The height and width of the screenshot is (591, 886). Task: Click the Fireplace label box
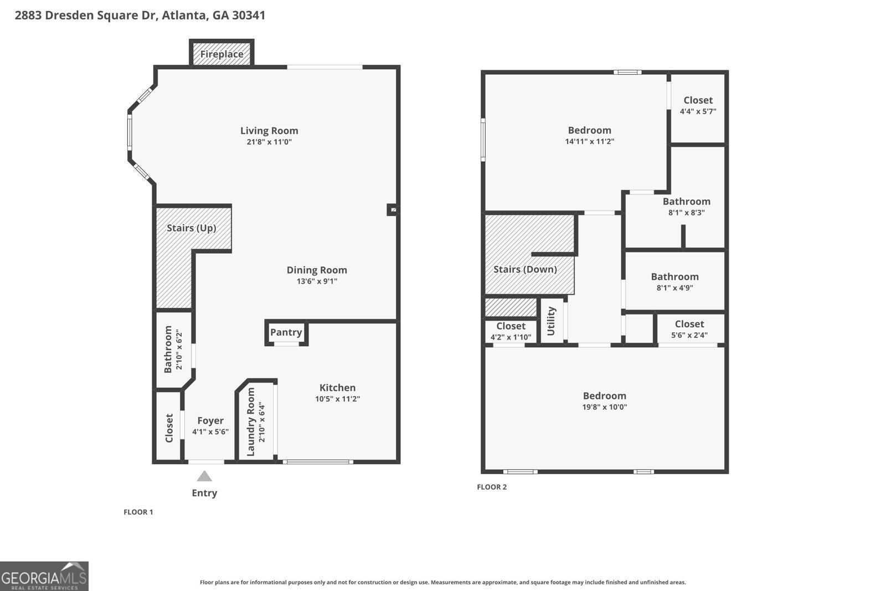[221, 54]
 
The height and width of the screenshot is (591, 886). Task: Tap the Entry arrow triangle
[204, 476]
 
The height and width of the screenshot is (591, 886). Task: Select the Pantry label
[286, 332]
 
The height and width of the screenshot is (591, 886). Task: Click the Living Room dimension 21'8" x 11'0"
[269, 142]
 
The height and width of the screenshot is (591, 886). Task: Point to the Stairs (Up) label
[191, 228]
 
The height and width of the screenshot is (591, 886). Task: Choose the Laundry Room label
[251, 422]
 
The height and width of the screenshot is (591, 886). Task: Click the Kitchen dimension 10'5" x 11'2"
[337, 399]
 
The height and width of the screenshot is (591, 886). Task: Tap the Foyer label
[210, 421]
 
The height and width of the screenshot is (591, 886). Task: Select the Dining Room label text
[317, 270]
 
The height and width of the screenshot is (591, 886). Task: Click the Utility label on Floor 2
[551, 321]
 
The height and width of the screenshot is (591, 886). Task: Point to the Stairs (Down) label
[525, 269]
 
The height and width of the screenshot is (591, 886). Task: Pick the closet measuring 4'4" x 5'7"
[698, 105]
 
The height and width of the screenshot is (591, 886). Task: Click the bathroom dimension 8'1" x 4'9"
[674, 287]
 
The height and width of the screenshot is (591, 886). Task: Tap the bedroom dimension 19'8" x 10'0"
[605, 407]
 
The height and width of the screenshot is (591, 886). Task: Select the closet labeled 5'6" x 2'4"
[689, 329]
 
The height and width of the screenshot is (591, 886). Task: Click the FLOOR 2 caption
[492, 487]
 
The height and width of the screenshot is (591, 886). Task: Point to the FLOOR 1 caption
[138, 512]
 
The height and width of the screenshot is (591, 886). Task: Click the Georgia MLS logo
[44, 576]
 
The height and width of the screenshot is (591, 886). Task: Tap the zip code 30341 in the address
[249, 15]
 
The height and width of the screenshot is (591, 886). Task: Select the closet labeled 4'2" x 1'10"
[511, 331]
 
